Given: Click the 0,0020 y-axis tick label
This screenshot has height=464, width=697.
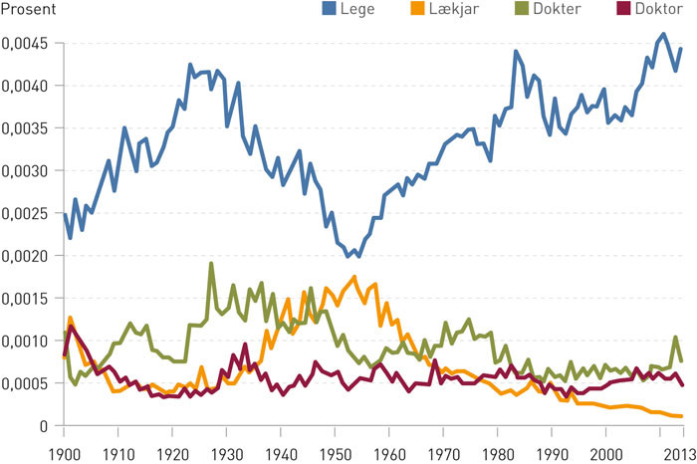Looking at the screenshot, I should click(x=28, y=256).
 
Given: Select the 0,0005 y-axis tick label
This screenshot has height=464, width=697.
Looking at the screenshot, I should click(x=28, y=383).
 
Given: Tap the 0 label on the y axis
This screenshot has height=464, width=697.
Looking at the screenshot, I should click(x=45, y=425).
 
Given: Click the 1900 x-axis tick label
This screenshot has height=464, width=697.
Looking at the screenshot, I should click(x=64, y=450).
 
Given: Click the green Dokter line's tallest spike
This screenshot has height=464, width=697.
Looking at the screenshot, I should click(x=211, y=264).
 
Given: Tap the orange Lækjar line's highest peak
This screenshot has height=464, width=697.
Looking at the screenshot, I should click(x=354, y=277).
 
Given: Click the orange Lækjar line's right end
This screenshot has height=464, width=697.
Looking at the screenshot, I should click(x=681, y=416).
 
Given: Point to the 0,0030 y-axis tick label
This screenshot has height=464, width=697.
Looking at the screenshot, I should click(x=28, y=171).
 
